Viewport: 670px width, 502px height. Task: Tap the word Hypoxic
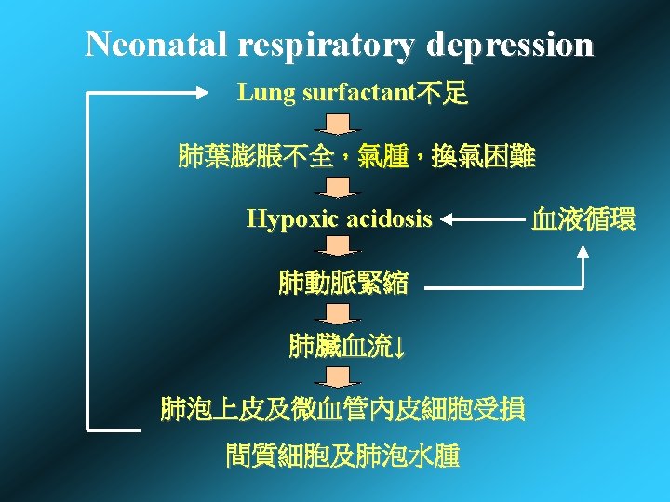tap(291, 219)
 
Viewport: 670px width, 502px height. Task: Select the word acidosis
tap(389, 219)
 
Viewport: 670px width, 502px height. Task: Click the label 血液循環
tap(583, 220)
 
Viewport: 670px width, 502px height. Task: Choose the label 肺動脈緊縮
tap(342, 284)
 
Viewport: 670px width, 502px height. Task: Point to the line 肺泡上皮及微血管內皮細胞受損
tap(342, 408)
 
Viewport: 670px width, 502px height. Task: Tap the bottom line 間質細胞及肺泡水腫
tap(342, 456)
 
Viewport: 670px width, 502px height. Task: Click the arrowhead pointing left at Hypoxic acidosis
tap(447, 220)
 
